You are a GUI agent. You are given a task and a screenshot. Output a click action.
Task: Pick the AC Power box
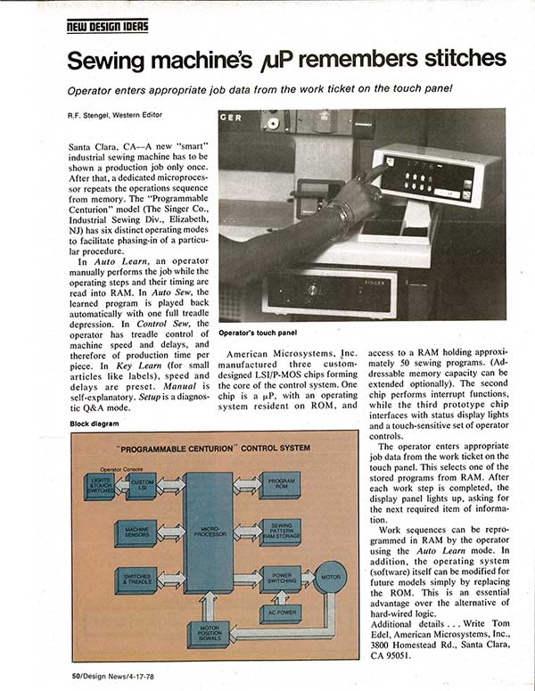(x=280, y=614)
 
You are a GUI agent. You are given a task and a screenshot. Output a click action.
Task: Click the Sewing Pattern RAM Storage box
(x=281, y=532)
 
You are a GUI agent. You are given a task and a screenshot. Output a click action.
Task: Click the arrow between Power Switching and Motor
(x=308, y=578)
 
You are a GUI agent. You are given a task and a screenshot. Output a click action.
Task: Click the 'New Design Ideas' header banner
(x=107, y=26)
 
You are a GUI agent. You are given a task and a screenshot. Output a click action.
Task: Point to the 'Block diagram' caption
(x=93, y=424)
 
